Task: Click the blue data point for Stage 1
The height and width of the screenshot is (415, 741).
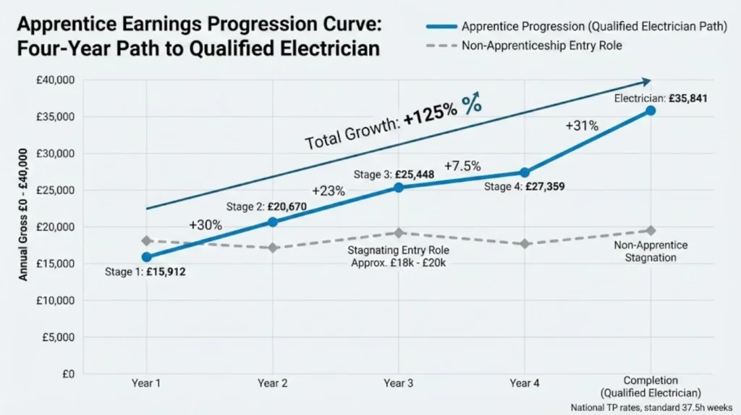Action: [x=147, y=257]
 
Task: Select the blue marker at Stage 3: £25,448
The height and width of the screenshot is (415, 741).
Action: [x=398, y=188]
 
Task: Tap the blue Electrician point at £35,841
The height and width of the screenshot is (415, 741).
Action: [x=650, y=110]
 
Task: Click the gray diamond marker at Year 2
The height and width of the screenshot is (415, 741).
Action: [x=272, y=248]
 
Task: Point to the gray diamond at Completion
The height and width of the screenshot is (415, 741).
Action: [x=650, y=230]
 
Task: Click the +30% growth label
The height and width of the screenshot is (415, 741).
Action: [x=206, y=225]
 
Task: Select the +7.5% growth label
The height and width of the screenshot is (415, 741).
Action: [x=463, y=166]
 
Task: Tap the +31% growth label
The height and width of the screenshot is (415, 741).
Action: [x=582, y=125]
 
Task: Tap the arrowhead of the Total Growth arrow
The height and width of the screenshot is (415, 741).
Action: [x=645, y=82]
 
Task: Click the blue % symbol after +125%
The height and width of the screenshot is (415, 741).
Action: [x=472, y=105]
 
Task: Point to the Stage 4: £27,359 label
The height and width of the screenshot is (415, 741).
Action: [x=525, y=187]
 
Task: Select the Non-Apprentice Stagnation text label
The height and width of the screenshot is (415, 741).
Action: [x=650, y=251]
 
